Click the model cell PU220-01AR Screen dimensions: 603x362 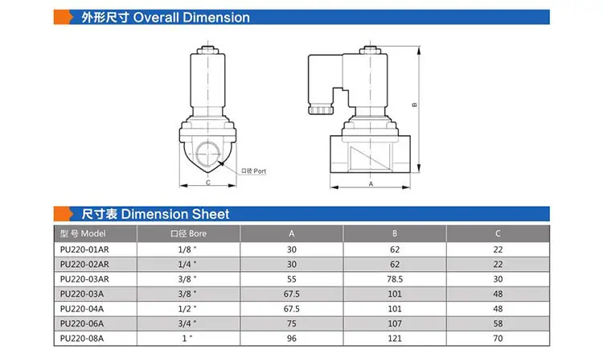pyautogui.click(x=84, y=249)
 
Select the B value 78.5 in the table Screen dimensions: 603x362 pyautogui.click(x=395, y=279)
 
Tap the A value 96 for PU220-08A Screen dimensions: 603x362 pyautogui.click(x=292, y=338)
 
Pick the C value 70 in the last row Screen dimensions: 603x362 pyautogui.click(x=498, y=338)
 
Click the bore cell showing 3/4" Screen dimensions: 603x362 pyautogui.click(x=187, y=323)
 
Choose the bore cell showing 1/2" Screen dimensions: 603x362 pyautogui.click(x=187, y=309)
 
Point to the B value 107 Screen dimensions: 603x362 pyautogui.click(x=395, y=323)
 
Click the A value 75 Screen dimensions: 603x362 pyautogui.click(x=292, y=323)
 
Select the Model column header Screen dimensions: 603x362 pyautogui.click(x=83, y=233)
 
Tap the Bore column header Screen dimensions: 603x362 pyautogui.click(x=188, y=233)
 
